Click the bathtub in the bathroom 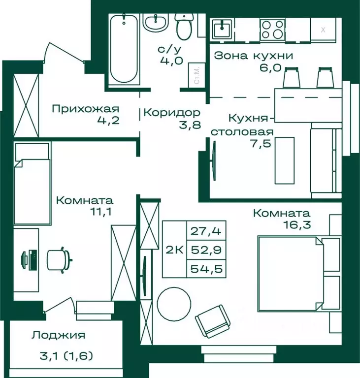click(124, 49)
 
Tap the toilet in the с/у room click(184, 26)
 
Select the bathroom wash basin click(156, 23)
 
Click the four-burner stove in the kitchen click(272, 30)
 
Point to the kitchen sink click(222, 29)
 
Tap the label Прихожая click(86, 109)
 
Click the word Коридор click(172, 113)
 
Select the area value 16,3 click(297, 224)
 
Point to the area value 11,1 click(100, 212)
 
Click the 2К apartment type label click(175, 250)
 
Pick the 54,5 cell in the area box click(206, 269)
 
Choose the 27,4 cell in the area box click(206, 231)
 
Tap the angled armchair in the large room click(213, 321)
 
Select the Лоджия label click(59, 335)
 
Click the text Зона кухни click(254, 56)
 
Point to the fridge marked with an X click(323, 30)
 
